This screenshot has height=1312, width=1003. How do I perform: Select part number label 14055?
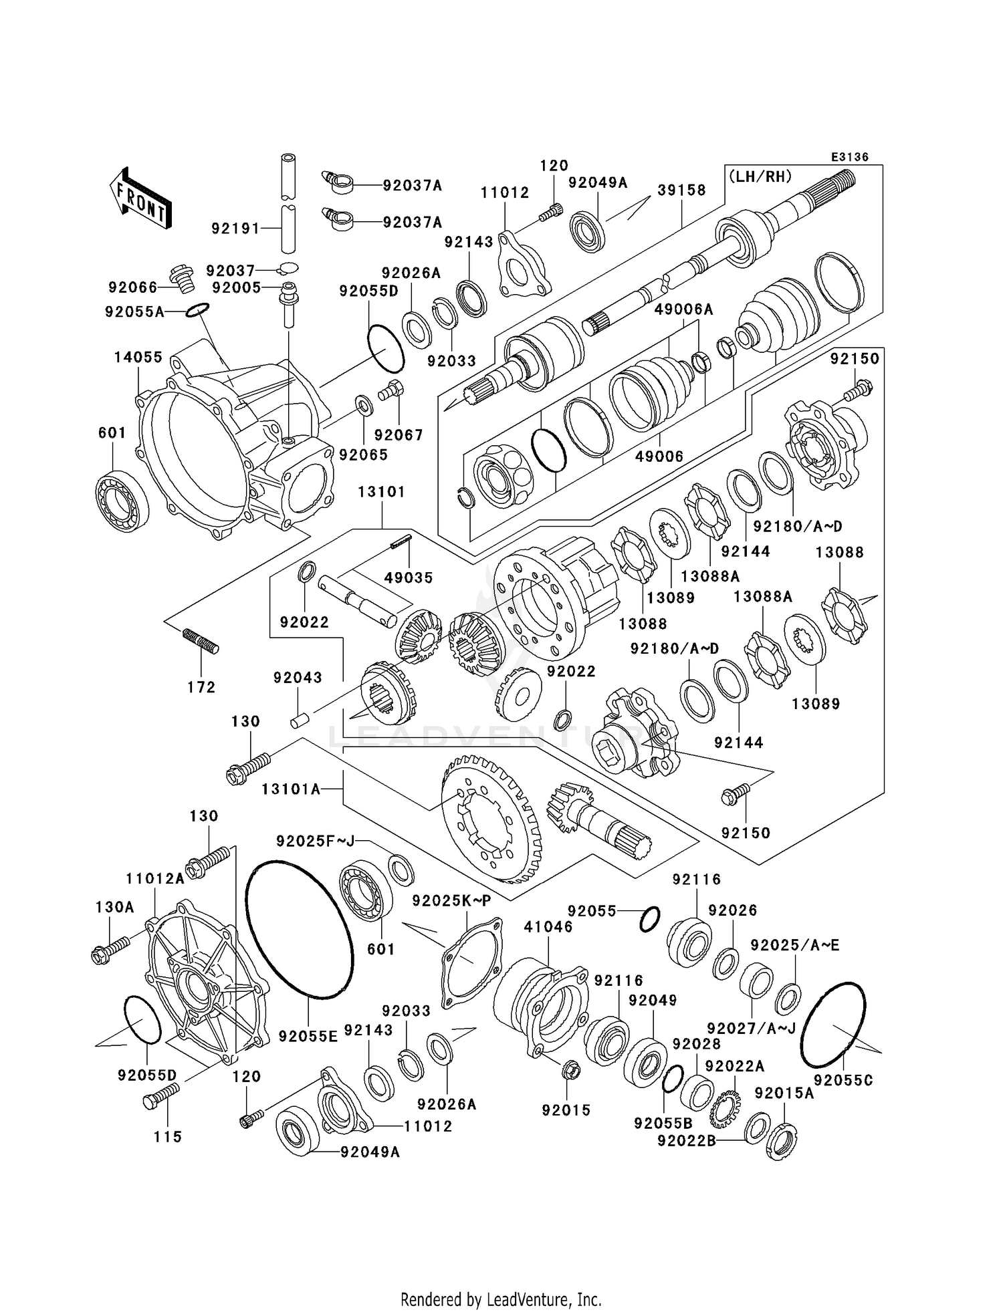coord(138,358)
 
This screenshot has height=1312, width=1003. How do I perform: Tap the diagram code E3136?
coord(849,157)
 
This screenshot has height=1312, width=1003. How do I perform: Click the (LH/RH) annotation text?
coord(760,176)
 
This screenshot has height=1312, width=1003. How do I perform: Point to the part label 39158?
coord(681,190)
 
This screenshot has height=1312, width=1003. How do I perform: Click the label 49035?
coord(409,577)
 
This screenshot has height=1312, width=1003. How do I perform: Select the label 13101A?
coord(291,789)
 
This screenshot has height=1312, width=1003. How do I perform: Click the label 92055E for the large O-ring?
coord(308,1037)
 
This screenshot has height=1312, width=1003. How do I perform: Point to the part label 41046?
coord(548,927)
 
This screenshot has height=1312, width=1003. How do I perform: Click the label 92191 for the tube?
coord(235,229)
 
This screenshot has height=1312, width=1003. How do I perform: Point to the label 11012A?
coord(154,878)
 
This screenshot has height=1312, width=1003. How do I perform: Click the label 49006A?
coord(683,309)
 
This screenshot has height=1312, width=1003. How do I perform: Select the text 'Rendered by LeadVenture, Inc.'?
coord(501,1299)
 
